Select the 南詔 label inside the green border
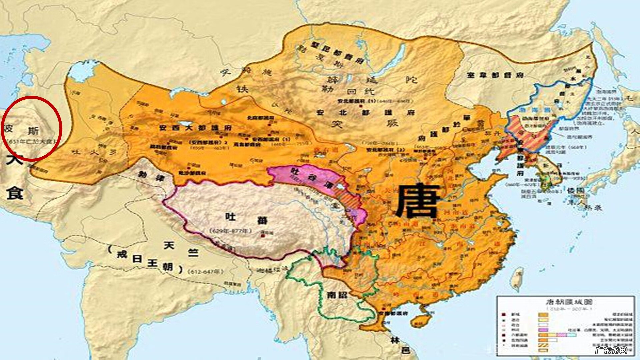click(x=337, y=295)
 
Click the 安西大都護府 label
click(x=195, y=128)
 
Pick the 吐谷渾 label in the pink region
click(x=310, y=177)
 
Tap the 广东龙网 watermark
click(x=611, y=350)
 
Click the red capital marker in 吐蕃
click(x=263, y=236)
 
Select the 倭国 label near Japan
click(x=575, y=191)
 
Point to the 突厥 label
click(x=367, y=124)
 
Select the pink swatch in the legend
click(x=543, y=330)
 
